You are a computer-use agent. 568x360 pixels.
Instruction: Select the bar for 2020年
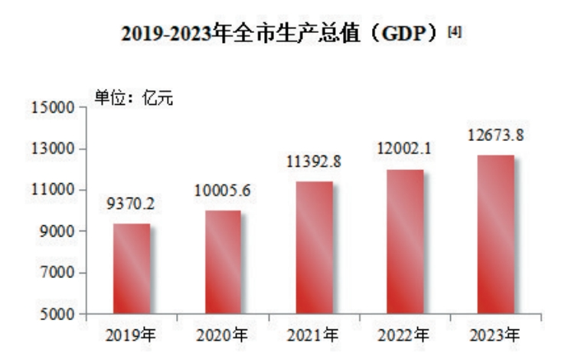223,262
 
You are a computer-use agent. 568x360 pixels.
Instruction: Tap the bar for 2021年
314,247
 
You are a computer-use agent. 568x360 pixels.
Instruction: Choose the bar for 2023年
495,234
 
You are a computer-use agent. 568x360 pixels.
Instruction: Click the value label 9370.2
132,205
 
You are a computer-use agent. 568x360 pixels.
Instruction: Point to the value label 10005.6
223,191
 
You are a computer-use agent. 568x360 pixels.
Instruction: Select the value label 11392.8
314,162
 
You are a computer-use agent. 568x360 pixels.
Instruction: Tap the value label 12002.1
405,149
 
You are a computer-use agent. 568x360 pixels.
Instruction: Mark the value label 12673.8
496,136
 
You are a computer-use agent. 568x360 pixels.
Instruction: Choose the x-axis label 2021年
314,335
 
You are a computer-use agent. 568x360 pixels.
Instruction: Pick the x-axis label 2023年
495,335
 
